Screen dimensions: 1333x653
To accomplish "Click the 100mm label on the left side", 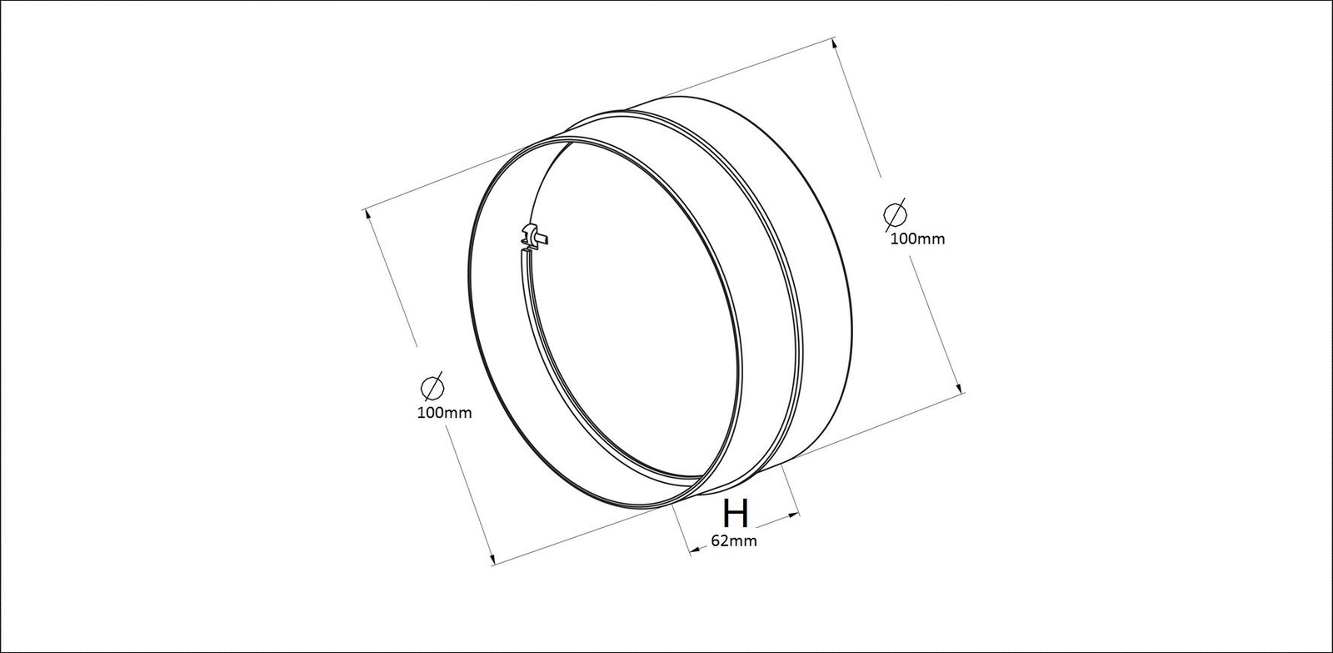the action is tap(445, 412).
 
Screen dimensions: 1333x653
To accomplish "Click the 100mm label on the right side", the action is tap(917, 239).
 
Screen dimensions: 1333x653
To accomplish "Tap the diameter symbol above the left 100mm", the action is tap(432, 387).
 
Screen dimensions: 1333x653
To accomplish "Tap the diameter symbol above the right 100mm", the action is tap(895, 213).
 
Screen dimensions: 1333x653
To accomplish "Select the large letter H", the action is tap(736, 513).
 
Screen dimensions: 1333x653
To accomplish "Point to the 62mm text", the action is tap(734, 541).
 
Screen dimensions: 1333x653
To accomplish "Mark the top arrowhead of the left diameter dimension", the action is tap(367, 214).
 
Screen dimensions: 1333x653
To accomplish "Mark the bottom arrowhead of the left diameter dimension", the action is tap(491, 559).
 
